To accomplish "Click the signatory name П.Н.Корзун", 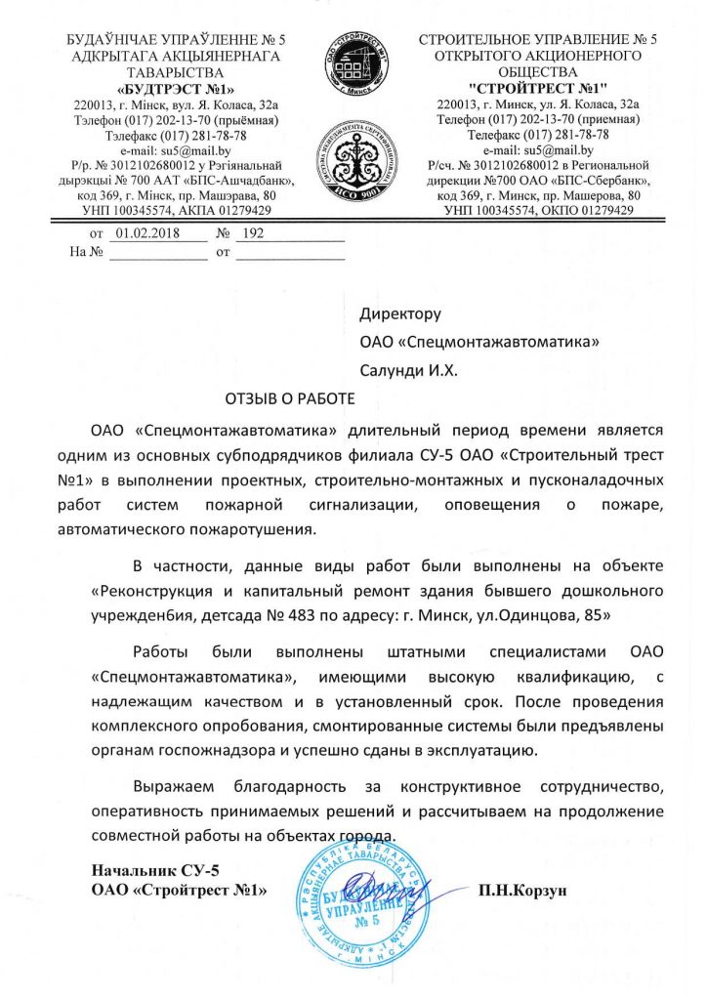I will click(x=522, y=891).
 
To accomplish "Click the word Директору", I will click(x=401, y=314).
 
